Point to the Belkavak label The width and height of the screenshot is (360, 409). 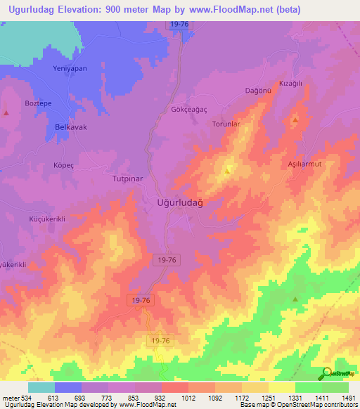coord(71,127)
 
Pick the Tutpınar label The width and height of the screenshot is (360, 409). coord(127,178)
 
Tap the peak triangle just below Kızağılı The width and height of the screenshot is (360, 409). coord(295,120)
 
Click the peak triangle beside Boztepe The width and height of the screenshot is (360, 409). coord(6,112)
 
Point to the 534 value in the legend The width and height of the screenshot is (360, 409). coord(25,398)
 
